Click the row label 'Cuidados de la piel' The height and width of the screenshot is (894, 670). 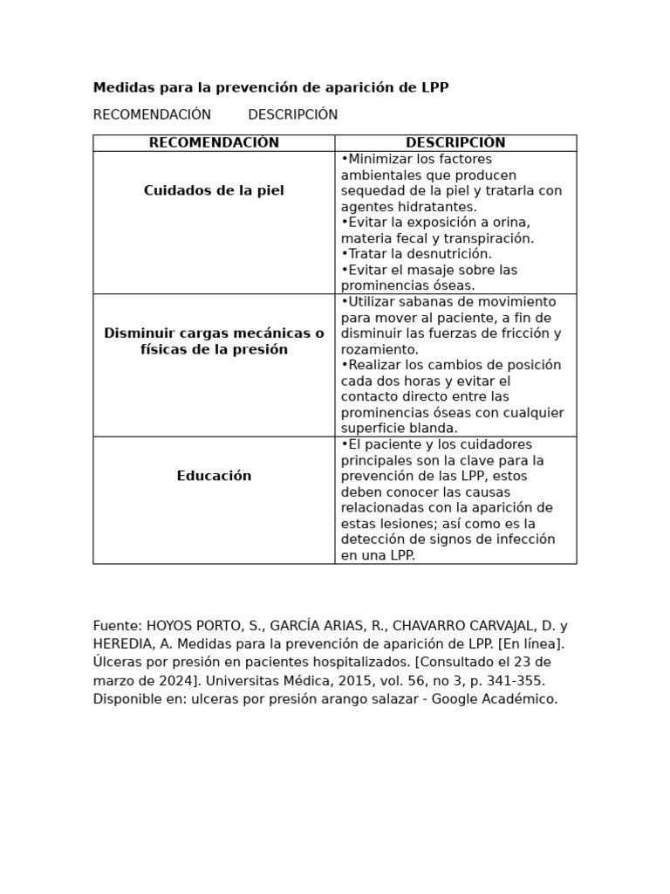coord(214,190)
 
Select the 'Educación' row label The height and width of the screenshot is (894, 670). coord(214,476)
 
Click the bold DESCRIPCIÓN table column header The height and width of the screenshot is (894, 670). coord(455,143)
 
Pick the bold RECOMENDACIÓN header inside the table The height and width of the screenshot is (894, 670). coord(214,143)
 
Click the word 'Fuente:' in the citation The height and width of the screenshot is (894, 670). coord(118,626)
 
